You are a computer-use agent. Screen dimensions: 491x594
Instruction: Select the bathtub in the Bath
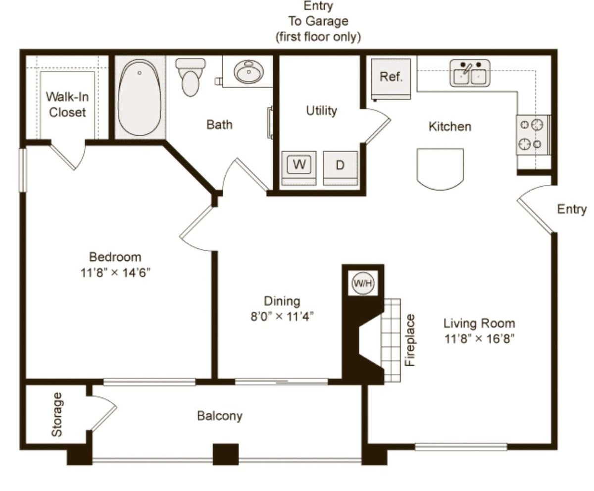pos(140,97)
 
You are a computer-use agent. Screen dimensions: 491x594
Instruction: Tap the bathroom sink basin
pos(248,73)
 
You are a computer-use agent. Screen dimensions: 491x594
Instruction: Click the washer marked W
pos(298,165)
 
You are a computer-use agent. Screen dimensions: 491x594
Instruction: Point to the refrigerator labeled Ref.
pos(391,77)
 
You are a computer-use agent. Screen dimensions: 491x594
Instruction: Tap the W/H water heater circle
pos(363,283)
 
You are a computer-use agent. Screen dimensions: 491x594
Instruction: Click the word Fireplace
pos(410,340)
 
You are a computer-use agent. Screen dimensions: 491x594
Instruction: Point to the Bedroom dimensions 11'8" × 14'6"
pos(115,273)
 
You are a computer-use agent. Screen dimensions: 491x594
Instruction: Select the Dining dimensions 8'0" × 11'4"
pos(282,316)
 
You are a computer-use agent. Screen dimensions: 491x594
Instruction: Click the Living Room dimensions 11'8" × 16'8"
pos(479,339)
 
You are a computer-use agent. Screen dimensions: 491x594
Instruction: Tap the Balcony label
pos(220,415)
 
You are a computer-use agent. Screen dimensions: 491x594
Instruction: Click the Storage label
pos(57,414)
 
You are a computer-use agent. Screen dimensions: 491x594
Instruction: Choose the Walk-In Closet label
pos(67,105)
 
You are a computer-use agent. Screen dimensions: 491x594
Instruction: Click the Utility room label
pos(321,110)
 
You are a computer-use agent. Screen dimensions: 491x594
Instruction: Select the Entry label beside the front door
pos(571,209)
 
